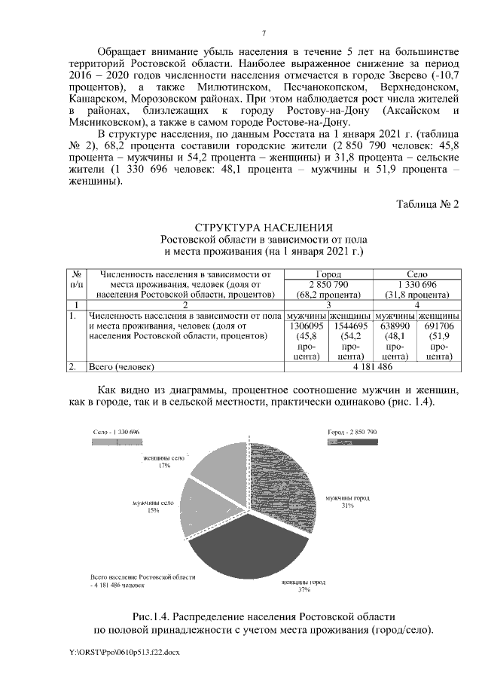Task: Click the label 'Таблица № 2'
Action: (427, 205)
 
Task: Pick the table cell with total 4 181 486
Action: (373, 367)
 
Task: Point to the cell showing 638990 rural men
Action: (395, 326)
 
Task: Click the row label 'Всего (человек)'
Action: (121, 367)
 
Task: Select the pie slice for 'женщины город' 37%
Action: (241, 554)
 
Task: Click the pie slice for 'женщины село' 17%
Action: (222, 467)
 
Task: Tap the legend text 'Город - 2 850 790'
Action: (352, 432)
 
